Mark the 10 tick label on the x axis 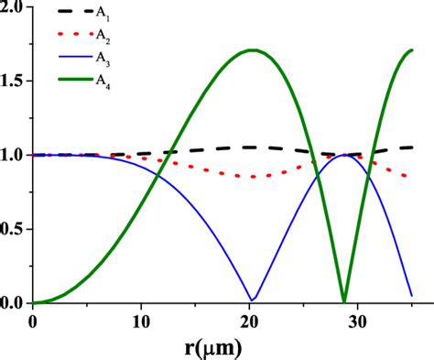coord(141,320)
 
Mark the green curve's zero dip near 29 coord(343,300)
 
